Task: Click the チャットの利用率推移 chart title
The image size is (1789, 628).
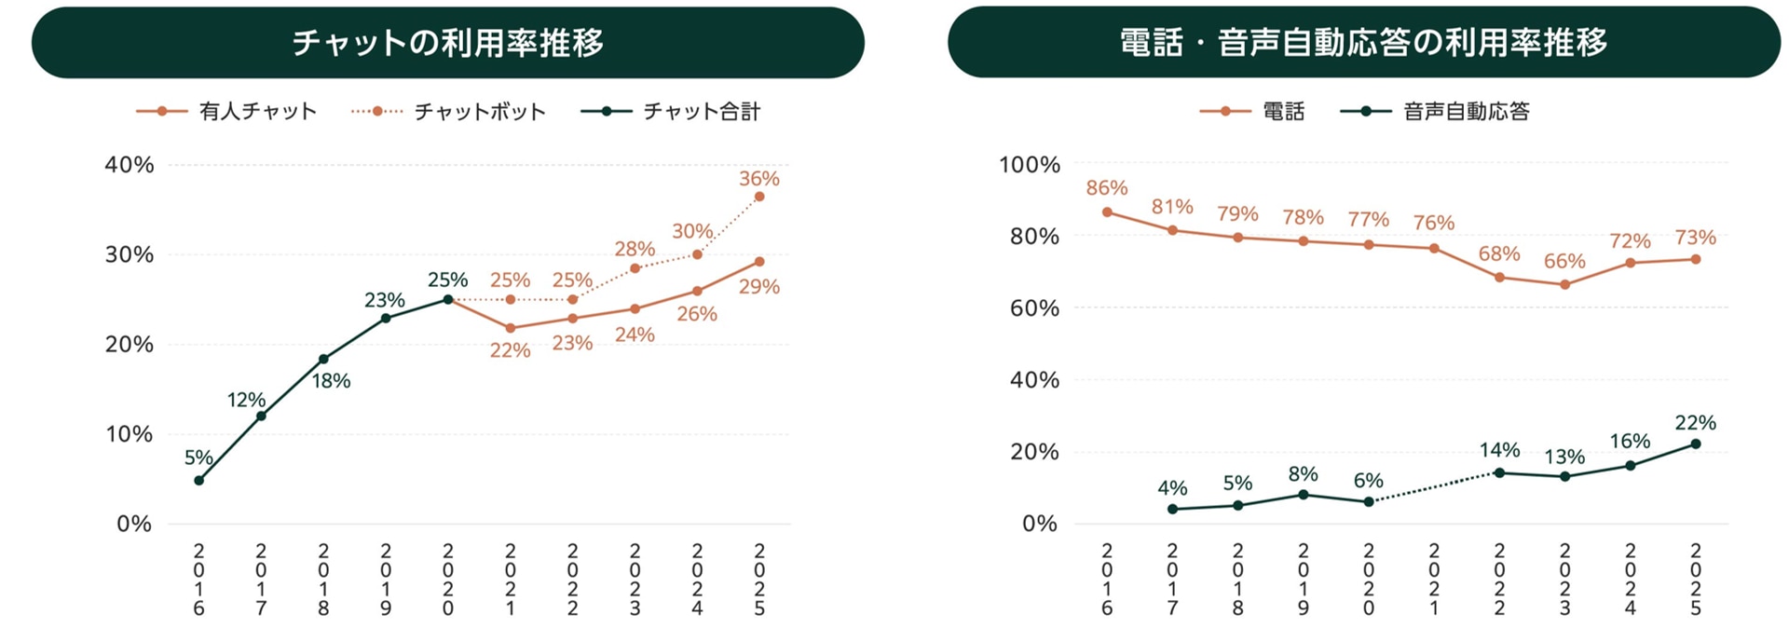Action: [447, 43]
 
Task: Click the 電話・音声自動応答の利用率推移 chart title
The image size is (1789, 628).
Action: [1363, 43]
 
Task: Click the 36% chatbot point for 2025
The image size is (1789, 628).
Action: [759, 197]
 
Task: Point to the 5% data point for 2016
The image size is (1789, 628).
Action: [198, 480]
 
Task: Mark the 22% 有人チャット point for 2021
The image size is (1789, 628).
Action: [510, 328]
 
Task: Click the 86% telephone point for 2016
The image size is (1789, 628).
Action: [1107, 212]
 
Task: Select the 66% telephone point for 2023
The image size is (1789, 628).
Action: [1564, 285]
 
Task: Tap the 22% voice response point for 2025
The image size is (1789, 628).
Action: [1695, 444]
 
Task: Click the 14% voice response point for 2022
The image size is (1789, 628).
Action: [1499, 472]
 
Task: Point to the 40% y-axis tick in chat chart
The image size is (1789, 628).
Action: [129, 165]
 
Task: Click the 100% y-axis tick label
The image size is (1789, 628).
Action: [1029, 165]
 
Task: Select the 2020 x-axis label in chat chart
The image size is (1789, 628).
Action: [448, 580]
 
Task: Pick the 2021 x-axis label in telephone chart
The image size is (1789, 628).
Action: [1434, 580]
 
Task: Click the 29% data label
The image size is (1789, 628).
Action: [759, 287]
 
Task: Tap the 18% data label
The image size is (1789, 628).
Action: [331, 381]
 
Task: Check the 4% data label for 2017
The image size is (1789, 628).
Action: [1172, 488]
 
